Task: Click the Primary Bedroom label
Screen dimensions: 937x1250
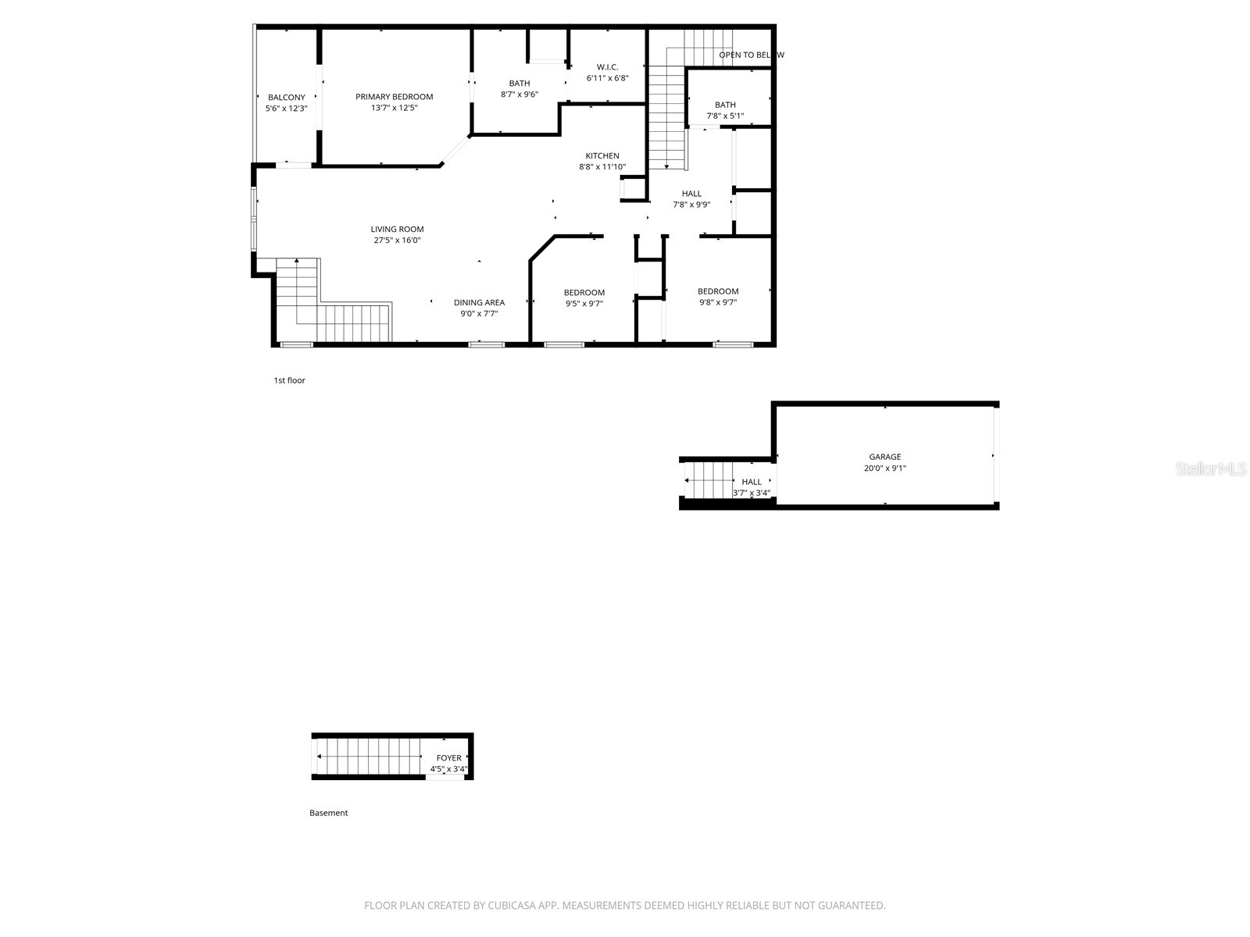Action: tap(394, 97)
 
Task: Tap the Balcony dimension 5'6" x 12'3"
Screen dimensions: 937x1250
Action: tap(286, 109)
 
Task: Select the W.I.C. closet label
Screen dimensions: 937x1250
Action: tap(607, 67)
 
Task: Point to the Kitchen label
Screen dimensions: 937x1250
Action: tap(602, 156)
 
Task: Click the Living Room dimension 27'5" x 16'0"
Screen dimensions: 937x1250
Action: tap(397, 240)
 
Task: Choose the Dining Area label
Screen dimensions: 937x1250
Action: tap(479, 303)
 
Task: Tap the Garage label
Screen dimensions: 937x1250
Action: tap(884, 457)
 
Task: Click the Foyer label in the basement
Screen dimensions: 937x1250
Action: tap(448, 758)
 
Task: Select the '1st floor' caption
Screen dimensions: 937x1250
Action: tap(289, 380)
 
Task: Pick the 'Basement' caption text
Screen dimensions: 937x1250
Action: tap(328, 813)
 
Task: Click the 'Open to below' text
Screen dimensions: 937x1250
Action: tap(750, 55)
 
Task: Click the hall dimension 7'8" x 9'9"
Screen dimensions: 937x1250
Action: tap(691, 205)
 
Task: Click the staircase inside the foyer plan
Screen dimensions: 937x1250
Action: tap(368, 757)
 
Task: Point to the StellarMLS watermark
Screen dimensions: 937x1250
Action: tap(1210, 469)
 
